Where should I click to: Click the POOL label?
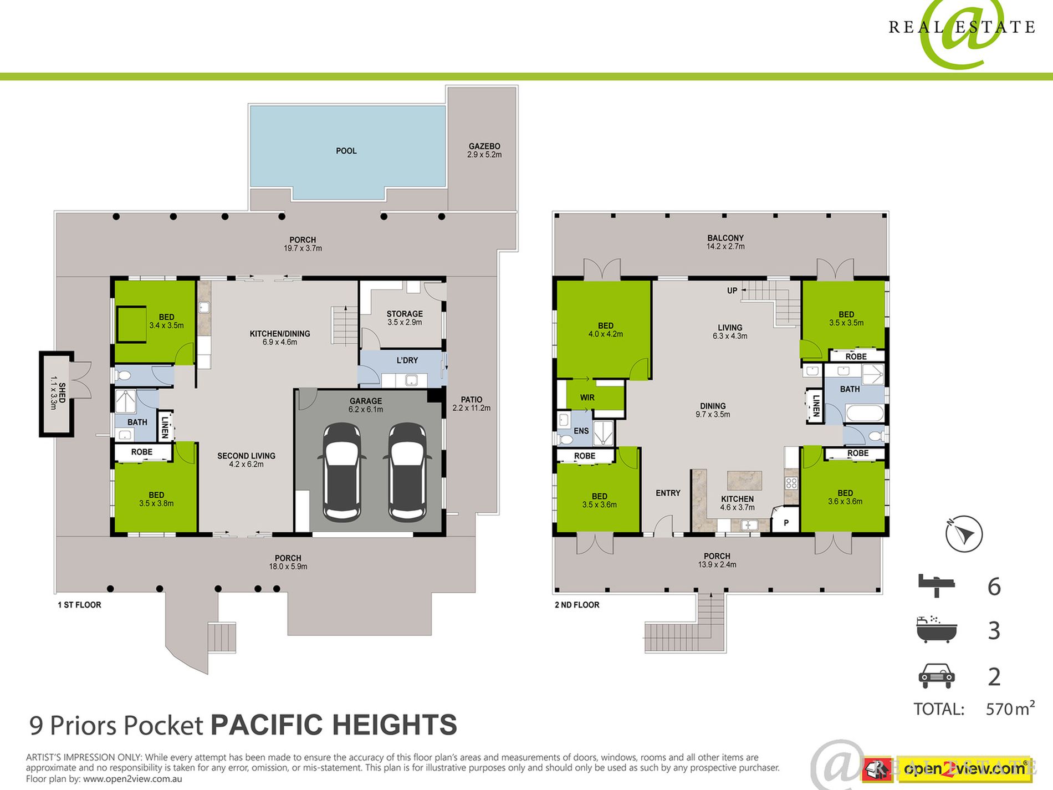point(346,151)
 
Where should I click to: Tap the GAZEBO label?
point(484,146)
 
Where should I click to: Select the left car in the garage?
point(342,472)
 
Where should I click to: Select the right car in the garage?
point(407,472)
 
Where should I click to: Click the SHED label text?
point(62,393)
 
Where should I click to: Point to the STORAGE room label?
point(405,314)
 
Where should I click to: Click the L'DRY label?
point(407,360)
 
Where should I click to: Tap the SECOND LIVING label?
point(246,456)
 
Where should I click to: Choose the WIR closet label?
point(587,397)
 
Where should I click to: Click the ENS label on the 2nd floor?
point(581,431)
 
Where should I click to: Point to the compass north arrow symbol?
point(964,534)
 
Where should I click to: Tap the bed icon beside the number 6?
point(937,585)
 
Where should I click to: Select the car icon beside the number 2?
point(937,676)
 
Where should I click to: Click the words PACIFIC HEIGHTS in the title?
point(334,725)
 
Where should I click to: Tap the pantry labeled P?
point(786,523)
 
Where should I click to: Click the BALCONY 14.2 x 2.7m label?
point(725,242)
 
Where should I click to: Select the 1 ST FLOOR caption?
point(79,605)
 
